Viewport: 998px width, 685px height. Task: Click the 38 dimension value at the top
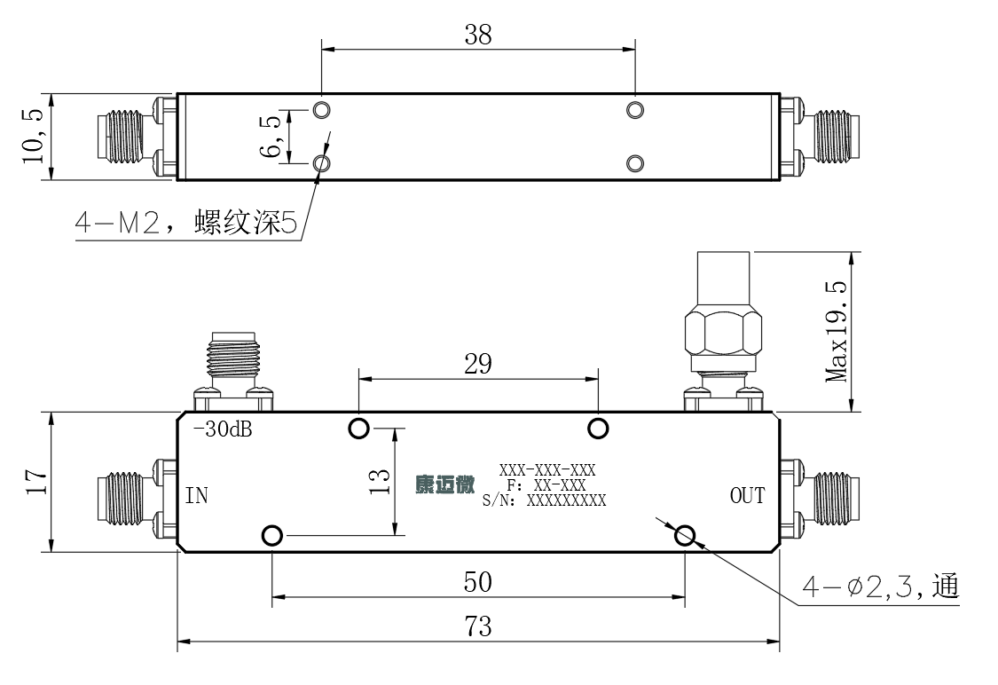[x=478, y=35]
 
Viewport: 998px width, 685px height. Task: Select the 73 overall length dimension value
[x=478, y=627]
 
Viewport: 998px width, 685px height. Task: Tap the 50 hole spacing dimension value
[x=478, y=582]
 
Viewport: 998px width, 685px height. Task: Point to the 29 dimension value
[x=478, y=364]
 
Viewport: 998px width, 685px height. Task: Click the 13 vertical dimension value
[x=380, y=481]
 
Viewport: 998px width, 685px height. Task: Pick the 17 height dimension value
[x=35, y=482]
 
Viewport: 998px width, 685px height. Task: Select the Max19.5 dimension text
[x=837, y=331]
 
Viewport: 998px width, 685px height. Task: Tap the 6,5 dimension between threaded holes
[x=271, y=137]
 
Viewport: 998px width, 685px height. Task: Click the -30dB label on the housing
[x=223, y=429]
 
